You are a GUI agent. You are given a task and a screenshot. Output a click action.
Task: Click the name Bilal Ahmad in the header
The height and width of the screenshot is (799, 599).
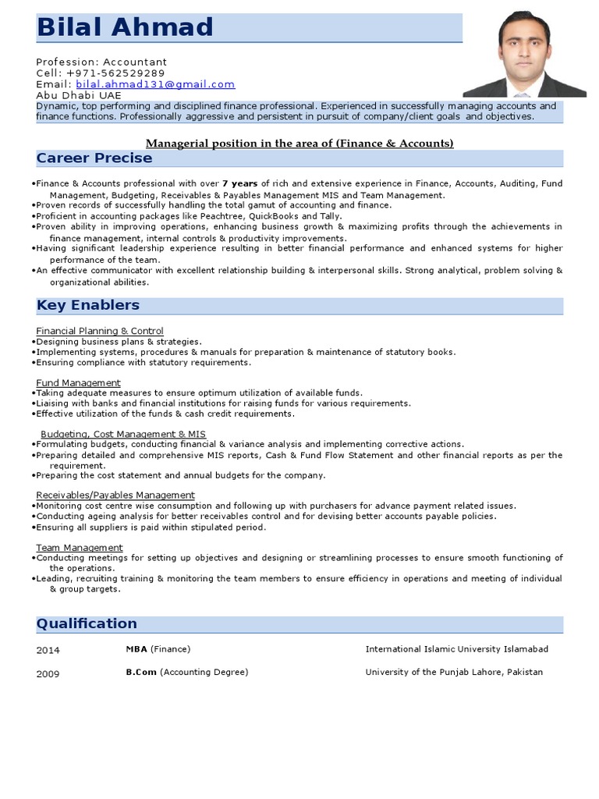[x=125, y=28]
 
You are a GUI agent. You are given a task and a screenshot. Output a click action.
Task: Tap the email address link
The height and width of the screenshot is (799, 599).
[x=155, y=84]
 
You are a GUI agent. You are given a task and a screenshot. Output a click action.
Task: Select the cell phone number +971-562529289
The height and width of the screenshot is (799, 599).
[x=121, y=73]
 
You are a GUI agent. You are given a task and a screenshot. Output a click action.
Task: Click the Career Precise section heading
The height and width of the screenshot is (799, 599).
[x=94, y=158]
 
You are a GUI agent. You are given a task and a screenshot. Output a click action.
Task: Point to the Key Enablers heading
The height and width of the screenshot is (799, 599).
[x=88, y=305]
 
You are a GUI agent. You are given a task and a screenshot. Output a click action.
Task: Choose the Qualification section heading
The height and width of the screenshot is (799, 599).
[x=87, y=623]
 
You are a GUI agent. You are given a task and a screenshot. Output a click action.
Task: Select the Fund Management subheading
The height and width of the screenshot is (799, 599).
[x=79, y=382]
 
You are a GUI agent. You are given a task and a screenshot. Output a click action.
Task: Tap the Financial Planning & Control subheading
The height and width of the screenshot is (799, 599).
[x=100, y=331]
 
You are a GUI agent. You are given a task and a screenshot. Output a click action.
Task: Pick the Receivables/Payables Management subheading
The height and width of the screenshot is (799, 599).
[x=115, y=495]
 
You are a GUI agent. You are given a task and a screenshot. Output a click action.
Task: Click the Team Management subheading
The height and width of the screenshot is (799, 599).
[x=80, y=548]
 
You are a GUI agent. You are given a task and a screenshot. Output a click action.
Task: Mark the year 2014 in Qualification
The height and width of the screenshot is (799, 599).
[x=48, y=650]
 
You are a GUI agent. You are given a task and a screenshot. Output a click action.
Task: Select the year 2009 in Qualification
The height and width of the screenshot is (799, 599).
[x=48, y=674]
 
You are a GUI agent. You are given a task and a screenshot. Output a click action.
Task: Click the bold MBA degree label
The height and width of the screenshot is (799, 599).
[x=136, y=649]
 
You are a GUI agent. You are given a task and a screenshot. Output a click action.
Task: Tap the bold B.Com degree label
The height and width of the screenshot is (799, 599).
[x=141, y=673]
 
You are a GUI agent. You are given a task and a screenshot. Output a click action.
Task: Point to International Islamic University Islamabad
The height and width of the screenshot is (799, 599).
[x=456, y=649]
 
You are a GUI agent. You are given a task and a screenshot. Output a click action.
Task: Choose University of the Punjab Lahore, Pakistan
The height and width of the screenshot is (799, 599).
[x=454, y=673]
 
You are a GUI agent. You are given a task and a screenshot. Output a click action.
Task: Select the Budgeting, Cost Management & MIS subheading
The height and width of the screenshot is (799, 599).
[x=123, y=434]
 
